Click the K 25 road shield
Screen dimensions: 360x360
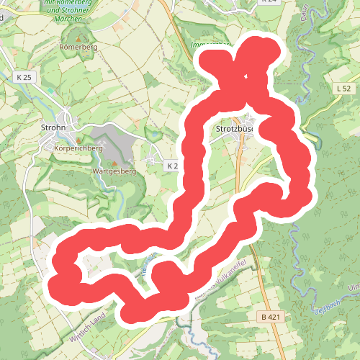pos(22,75)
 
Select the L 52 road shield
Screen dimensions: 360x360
pos(343,88)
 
